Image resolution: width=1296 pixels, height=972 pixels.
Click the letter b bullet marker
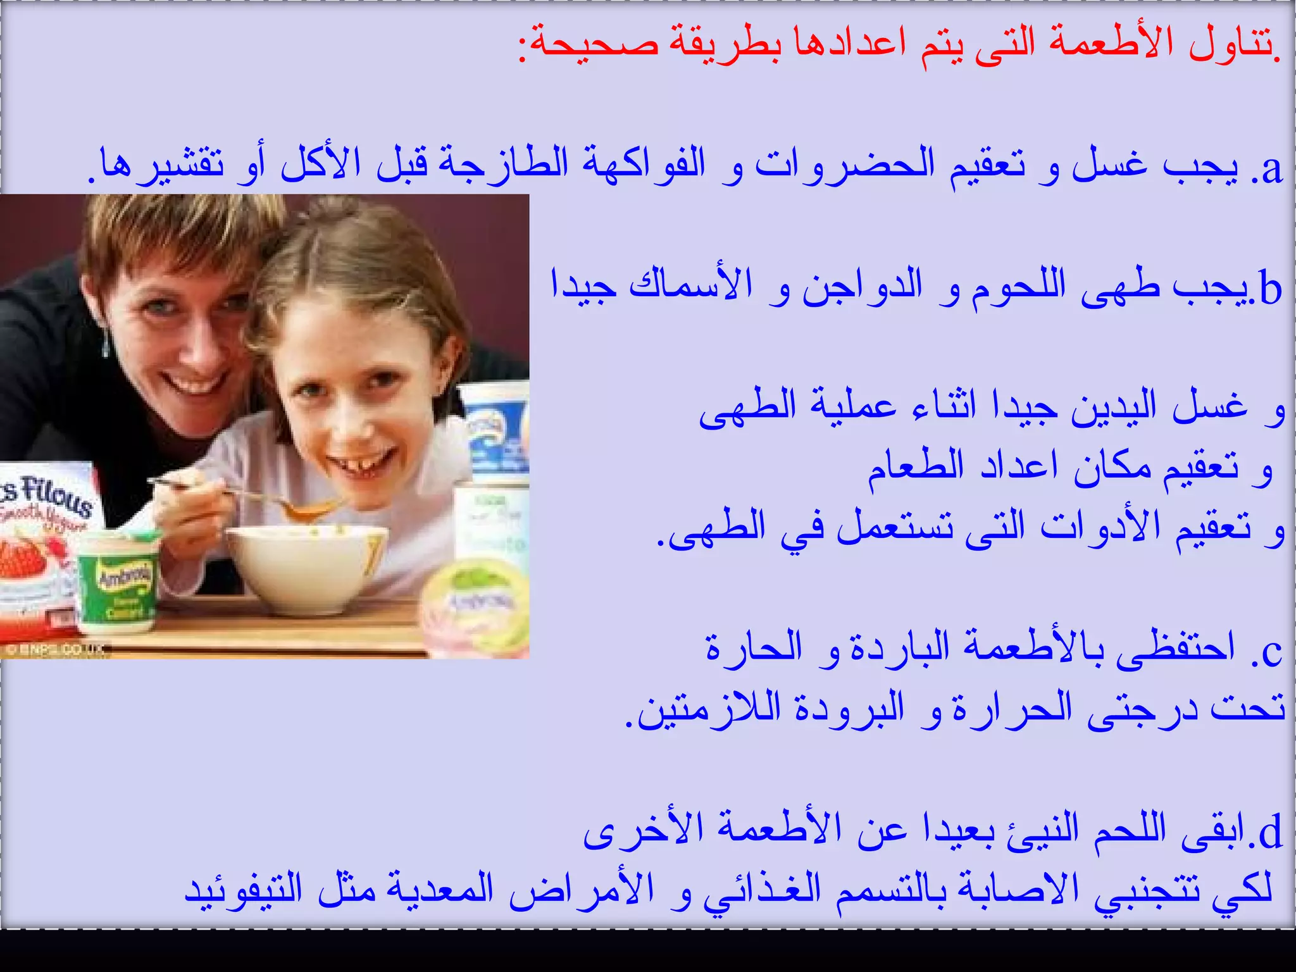1270,290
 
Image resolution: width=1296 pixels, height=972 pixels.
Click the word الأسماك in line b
690,285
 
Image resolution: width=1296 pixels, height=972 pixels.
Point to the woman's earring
106,345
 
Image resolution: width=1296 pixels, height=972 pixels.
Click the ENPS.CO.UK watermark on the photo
57,650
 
